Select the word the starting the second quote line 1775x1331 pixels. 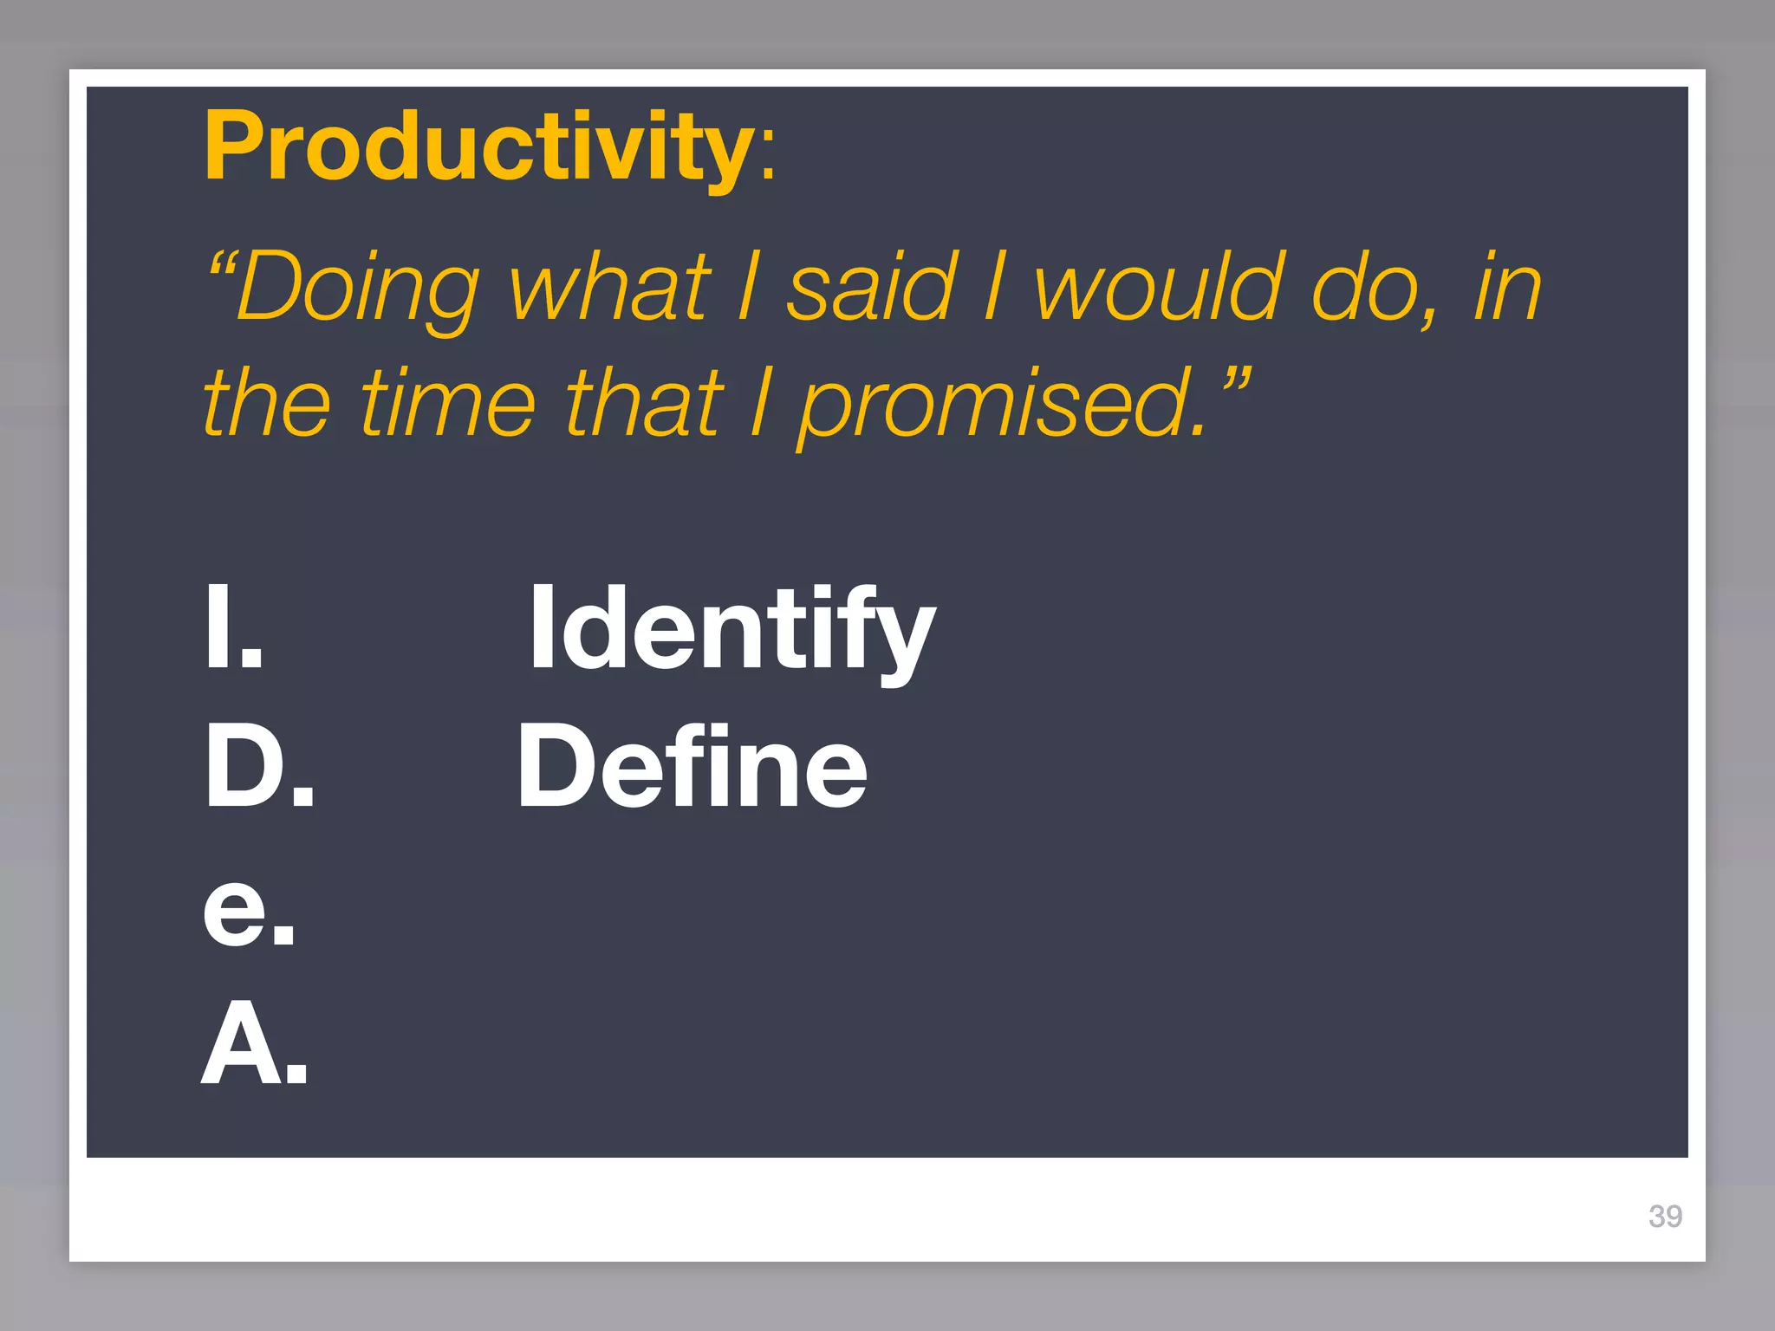pyautogui.click(x=266, y=403)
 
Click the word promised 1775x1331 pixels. pyautogui.click(x=997, y=407)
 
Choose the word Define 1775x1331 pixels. pyautogui.click(x=692, y=768)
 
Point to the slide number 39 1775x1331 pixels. pyautogui.click(x=1665, y=1216)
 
